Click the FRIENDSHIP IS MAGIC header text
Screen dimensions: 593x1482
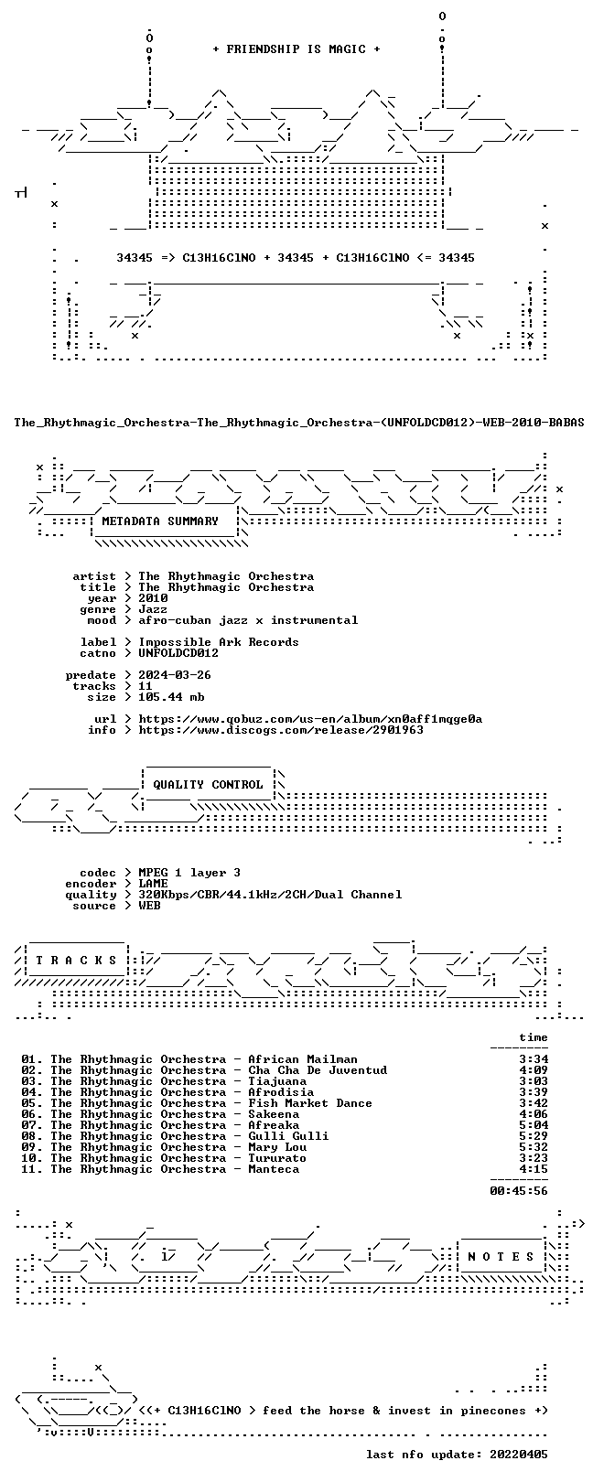(x=296, y=49)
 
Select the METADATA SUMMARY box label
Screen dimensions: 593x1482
(x=160, y=521)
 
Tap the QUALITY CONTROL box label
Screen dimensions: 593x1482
(x=208, y=785)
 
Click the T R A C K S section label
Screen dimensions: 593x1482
(x=76, y=960)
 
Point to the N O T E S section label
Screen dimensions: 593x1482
(x=501, y=1256)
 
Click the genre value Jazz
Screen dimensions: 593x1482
(x=153, y=609)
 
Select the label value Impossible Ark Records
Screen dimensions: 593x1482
(x=219, y=642)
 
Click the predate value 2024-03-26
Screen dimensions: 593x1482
(x=175, y=675)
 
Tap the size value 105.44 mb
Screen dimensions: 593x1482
(x=171, y=697)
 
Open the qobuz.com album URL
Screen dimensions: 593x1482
(x=310, y=718)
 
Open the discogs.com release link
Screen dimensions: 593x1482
(x=281, y=730)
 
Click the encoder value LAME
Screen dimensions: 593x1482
(x=153, y=883)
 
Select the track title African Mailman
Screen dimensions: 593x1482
(x=303, y=1059)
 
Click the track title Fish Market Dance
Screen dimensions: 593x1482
(x=309, y=1103)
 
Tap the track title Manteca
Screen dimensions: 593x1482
(x=274, y=1169)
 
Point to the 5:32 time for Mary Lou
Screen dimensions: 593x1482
(x=534, y=1147)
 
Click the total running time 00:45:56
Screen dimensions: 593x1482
(x=519, y=1191)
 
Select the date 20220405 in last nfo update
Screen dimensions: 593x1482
(x=519, y=1455)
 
